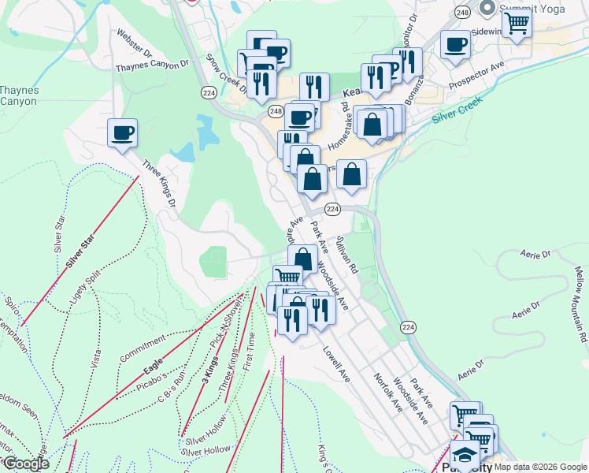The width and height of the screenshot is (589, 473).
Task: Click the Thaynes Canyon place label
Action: pyautogui.click(x=18, y=95)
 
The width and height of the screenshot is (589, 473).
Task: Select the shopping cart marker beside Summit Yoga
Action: pyautogui.click(x=516, y=22)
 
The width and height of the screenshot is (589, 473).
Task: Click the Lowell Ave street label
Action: pyautogui.click(x=335, y=365)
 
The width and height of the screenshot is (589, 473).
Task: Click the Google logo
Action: pyautogui.click(x=25, y=464)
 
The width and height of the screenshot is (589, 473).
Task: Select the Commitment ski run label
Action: pyautogui.click(x=143, y=345)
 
